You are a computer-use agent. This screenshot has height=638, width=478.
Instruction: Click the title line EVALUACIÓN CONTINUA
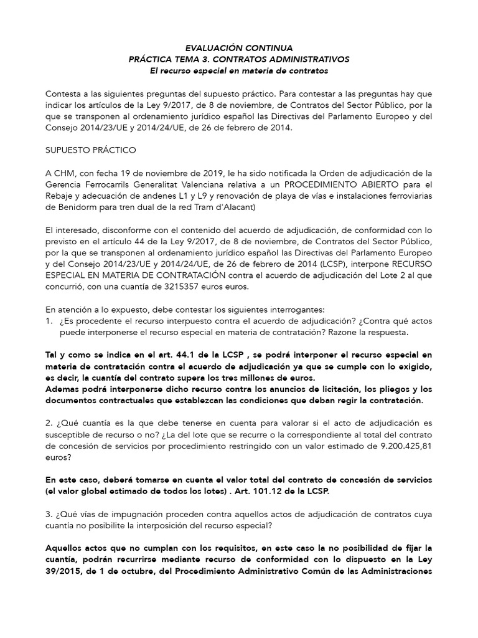click(x=239, y=47)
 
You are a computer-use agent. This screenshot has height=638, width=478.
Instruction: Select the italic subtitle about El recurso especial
click(x=239, y=71)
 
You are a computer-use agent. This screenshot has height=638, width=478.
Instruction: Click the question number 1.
click(x=49, y=321)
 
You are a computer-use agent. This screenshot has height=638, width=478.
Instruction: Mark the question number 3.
click(x=49, y=514)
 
